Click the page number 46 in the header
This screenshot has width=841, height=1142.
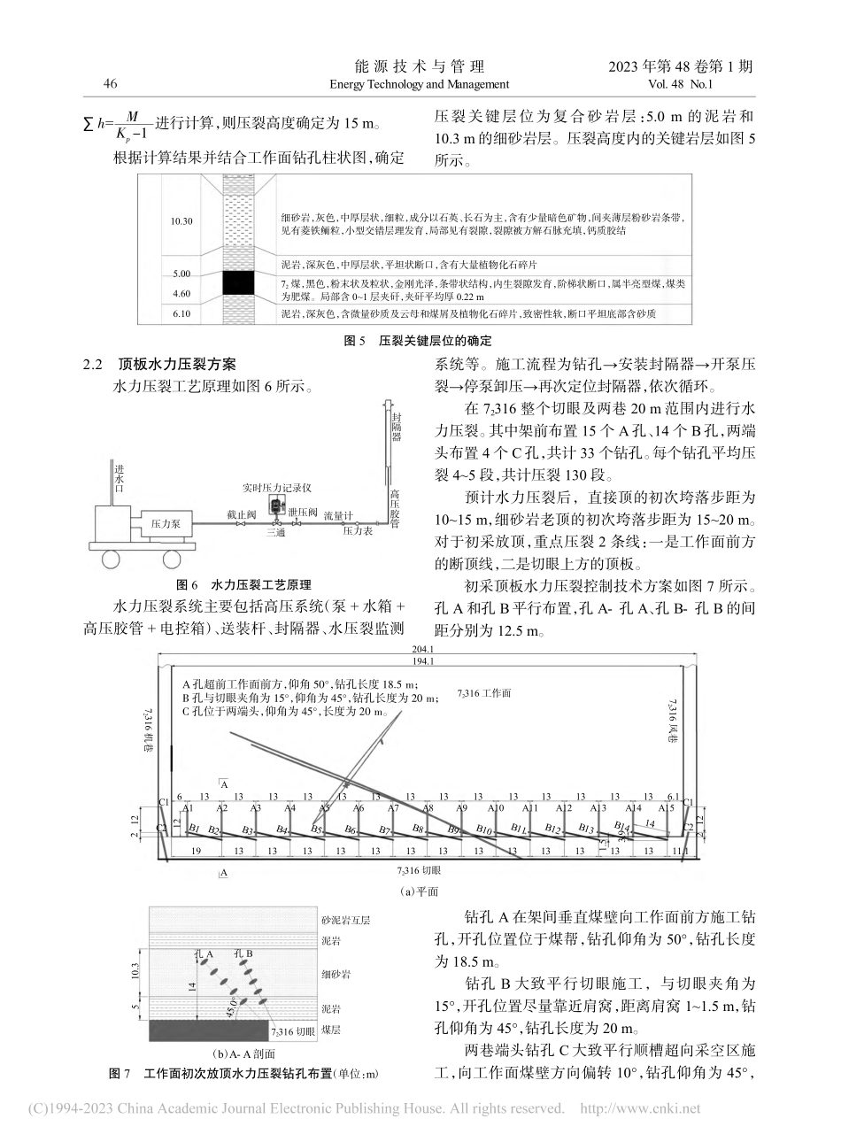pos(111,84)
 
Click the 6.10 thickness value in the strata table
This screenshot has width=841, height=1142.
pos(181,313)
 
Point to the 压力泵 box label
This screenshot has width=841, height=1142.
pos(166,524)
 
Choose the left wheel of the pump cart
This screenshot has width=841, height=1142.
pos(112,559)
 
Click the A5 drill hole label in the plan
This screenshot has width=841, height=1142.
pos(324,808)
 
